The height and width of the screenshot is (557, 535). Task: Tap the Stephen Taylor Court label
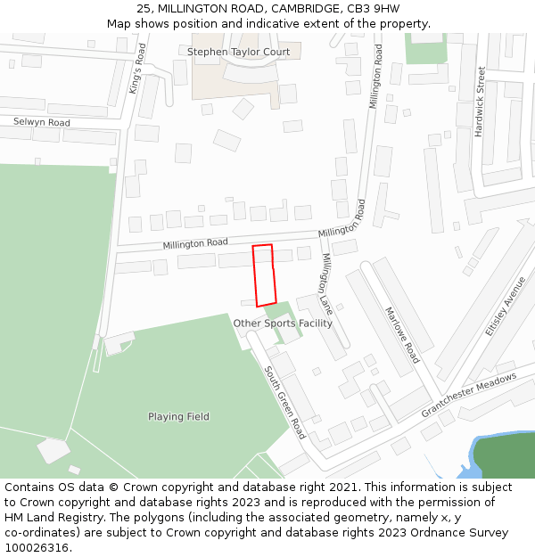click(238, 53)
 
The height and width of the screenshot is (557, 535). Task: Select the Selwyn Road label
click(41, 122)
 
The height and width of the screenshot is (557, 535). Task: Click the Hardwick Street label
click(480, 101)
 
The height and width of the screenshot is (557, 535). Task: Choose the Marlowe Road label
click(401, 335)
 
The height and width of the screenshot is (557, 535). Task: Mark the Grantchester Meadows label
click(469, 395)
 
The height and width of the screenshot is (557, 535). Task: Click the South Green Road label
click(285, 402)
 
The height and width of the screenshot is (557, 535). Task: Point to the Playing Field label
click(178, 416)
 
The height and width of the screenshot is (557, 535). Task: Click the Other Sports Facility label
click(283, 324)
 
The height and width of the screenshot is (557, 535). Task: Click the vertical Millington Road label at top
click(376, 77)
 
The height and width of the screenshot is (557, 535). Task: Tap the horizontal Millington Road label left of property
click(195, 243)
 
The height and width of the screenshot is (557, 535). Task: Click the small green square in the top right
click(425, 48)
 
